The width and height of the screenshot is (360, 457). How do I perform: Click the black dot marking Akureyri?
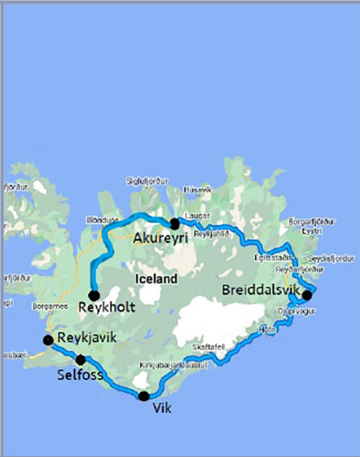(174, 223)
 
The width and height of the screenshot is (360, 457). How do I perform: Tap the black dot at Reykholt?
(94, 295)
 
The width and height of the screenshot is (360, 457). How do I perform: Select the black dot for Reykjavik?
(48, 340)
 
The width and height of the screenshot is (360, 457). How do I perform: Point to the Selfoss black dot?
(81, 359)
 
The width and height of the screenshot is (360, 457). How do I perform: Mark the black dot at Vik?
(144, 395)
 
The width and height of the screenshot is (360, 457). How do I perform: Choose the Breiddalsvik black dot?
(307, 295)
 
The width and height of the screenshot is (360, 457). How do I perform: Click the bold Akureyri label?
(160, 238)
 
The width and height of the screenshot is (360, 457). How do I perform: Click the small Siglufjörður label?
(150, 179)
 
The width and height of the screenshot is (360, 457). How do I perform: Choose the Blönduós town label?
(101, 220)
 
